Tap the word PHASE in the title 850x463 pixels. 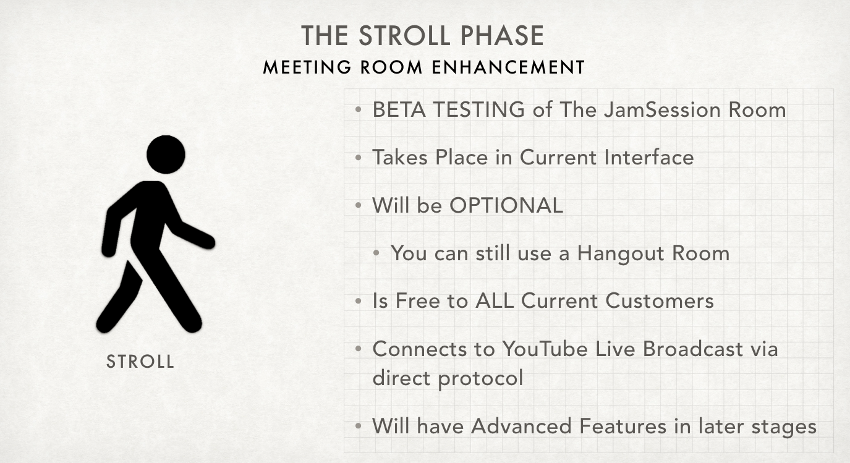coord(503,36)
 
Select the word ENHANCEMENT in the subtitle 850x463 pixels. coord(509,67)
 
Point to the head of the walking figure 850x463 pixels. coord(166,155)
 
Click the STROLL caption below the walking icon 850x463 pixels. coord(140,361)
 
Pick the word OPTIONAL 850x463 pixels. coord(506,206)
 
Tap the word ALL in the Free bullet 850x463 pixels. coord(495,301)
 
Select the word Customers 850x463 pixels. coord(660,301)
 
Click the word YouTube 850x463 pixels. coord(545,349)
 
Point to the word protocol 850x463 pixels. coord(480,378)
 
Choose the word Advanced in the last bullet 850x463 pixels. coord(521,426)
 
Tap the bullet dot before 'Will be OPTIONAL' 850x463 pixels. coord(359,206)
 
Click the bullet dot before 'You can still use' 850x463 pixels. coord(376,253)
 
